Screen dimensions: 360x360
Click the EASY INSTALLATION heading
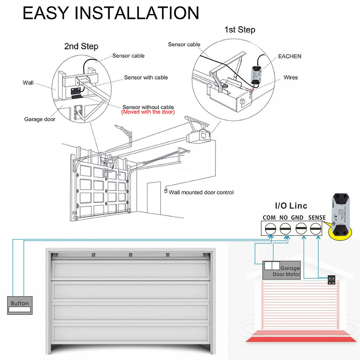[x=111, y=13]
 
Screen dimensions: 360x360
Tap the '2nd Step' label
[x=81, y=46]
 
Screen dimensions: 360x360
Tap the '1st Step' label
[x=240, y=30]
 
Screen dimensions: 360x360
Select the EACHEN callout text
[x=289, y=56]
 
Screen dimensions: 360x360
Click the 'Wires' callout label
[x=291, y=77]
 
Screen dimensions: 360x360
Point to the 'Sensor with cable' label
[x=146, y=77]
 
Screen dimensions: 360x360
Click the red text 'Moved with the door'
[x=148, y=112]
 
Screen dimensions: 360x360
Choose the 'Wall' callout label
[x=28, y=83]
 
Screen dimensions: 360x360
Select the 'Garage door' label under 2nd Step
[x=40, y=119]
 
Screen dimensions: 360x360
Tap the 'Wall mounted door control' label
[x=201, y=192]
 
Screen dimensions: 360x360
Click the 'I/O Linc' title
[x=291, y=206]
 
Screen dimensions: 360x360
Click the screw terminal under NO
[x=285, y=229]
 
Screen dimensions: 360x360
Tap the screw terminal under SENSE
[x=316, y=229]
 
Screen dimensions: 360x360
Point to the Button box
[x=20, y=306]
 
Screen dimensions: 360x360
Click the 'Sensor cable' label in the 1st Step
[x=184, y=44]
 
